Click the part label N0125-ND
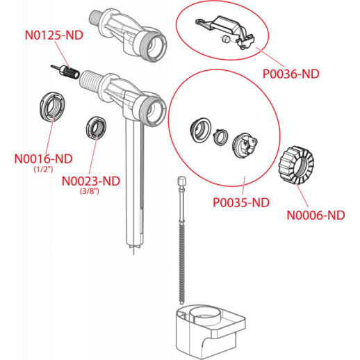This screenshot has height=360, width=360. [x=54, y=35]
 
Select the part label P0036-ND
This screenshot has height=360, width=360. [x=291, y=74]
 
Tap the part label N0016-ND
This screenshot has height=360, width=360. [x=43, y=159]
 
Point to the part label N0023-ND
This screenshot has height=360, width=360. [x=91, y=181]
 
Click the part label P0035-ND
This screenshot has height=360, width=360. [x=241, y=203]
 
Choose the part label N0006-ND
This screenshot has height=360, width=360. [x=316, y=215]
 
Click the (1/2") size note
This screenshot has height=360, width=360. [x=43, y=170]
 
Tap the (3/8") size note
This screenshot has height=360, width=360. [x=90, y=191]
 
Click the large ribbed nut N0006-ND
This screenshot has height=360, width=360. [x=295, y=165]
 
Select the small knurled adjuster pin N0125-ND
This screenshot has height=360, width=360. [x=65, y=71]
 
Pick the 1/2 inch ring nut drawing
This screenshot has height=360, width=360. [x=52, y=106]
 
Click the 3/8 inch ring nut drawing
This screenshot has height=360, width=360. [x=96, y=128]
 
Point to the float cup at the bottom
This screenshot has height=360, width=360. [x=210, y=332]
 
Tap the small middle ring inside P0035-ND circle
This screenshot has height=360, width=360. [x=220, y=137]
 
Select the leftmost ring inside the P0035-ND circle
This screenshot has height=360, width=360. [x=201, y=130]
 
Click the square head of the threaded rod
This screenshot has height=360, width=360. [x=182, y=181]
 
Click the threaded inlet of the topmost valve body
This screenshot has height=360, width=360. [x=96, y=17]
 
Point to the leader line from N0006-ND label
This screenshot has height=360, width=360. [x=302, y=195]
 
